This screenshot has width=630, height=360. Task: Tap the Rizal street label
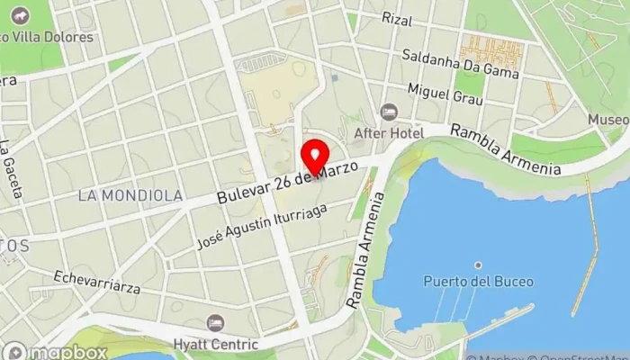397,18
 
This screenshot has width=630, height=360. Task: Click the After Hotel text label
389,132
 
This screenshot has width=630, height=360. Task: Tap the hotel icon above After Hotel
389,112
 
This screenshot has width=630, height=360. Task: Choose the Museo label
608,120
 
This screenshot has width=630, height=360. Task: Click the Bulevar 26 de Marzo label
293,182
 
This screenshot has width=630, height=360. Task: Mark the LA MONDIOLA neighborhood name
130,194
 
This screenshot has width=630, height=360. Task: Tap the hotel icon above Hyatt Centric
215,323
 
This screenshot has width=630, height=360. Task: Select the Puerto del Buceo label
478,282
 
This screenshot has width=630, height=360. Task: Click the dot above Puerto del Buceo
478,265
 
